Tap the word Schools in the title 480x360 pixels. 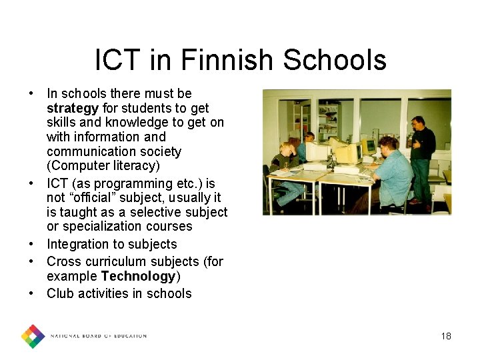tap(335, 60)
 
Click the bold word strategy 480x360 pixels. tap(73, 108)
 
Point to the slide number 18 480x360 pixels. tap(446, 336)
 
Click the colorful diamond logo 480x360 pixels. tap(33, 336)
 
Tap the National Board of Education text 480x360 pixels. tap(99, 336)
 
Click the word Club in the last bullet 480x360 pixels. tap(59, 293)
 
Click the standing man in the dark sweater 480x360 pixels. tap(420, 157)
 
